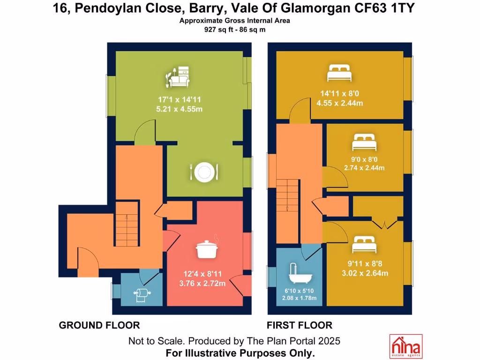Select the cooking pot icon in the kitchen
pyautogui.click(x=209, y=248)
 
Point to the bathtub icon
pyautogui.click(x=298, y=274)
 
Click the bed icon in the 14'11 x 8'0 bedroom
pyautogui.click(x=339, y=73)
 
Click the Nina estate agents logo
pyautogui.click(x=405, y=346)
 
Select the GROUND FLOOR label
pyautogui.click(x=99, y=325)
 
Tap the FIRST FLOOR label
pyautogui.click(x=300, y=325)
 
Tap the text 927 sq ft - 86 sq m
pyautogui.click(x=235, y=30)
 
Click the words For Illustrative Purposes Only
pyautogui.click(x=240, y=352)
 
